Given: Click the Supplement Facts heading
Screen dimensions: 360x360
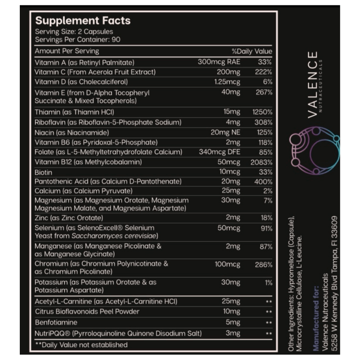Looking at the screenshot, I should [x=83, y=21].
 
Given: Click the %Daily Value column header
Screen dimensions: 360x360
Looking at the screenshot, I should [x=252, y=51].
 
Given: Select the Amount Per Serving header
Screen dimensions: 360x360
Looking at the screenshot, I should [x=67, y=51].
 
